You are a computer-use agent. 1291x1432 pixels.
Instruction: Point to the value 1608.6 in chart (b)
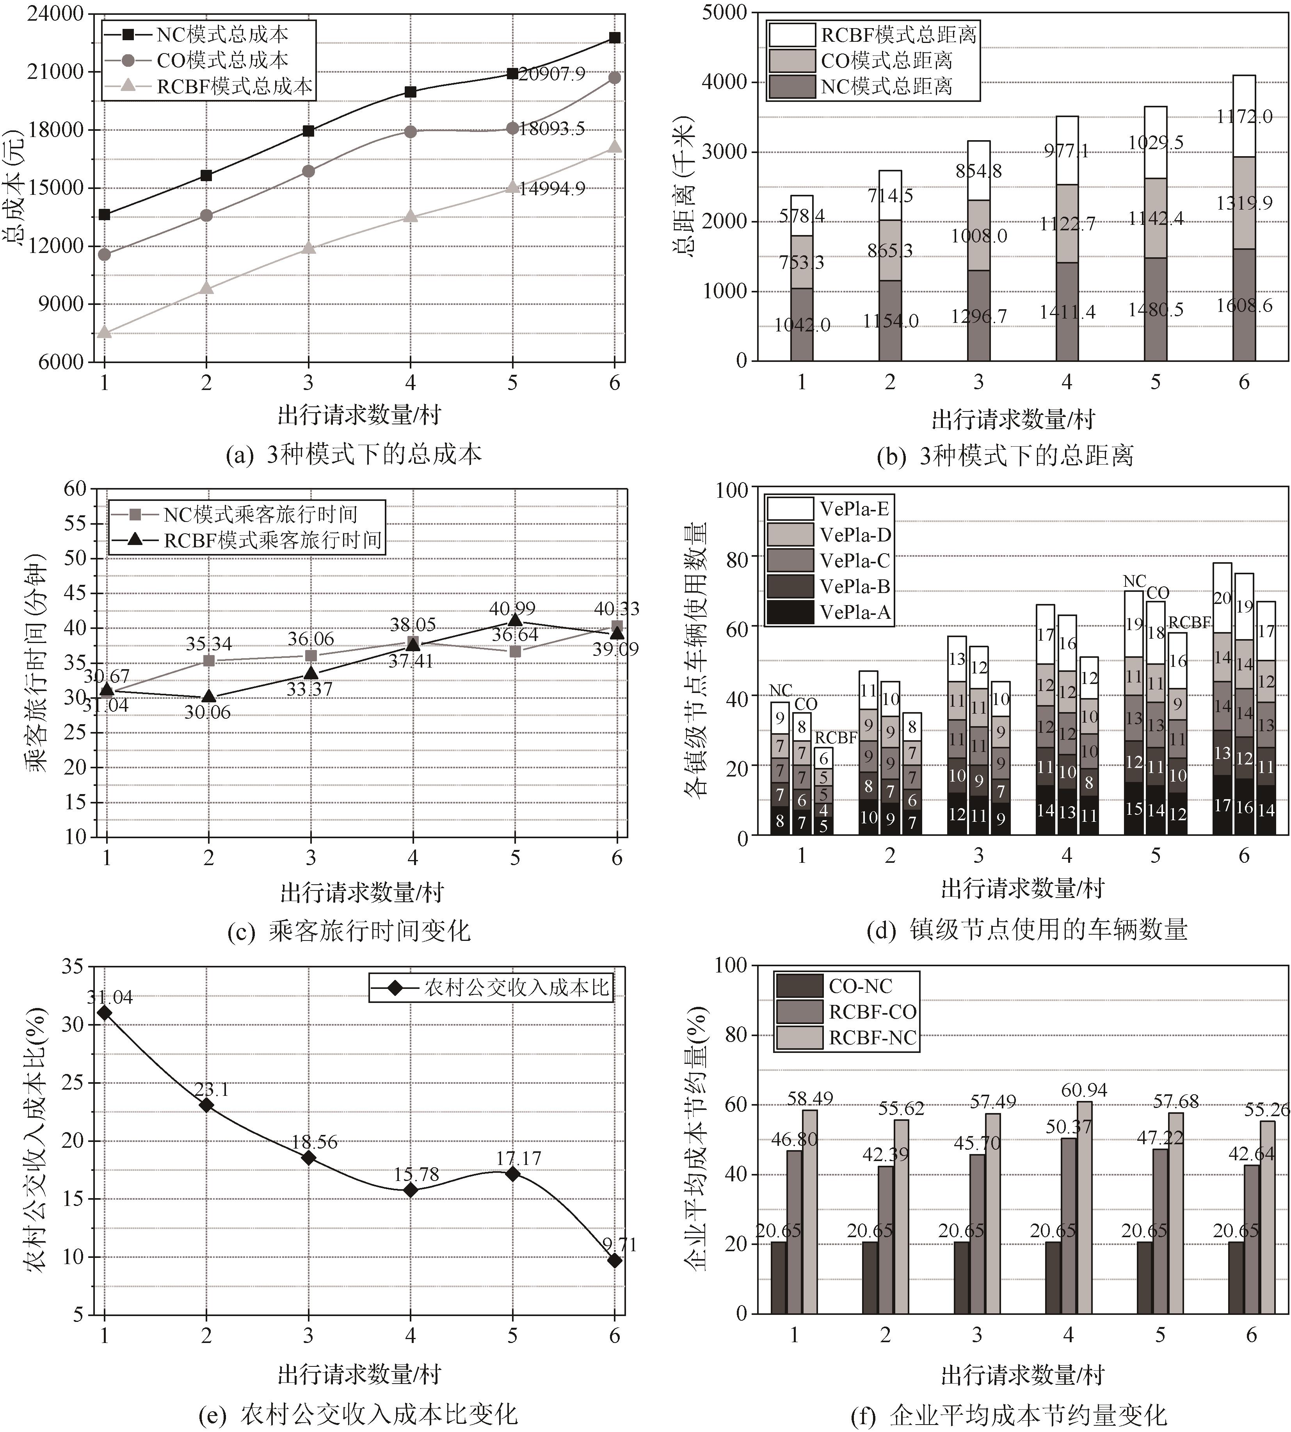[x=1244, y=306]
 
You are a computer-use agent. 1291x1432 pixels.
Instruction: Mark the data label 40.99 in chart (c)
[x=512, y=609]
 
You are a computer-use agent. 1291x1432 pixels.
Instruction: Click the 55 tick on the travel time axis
[x=75, y=524]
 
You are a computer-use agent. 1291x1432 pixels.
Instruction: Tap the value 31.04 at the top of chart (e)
[x=110, y=997]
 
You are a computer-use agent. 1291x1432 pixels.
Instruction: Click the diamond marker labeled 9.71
[x=614, y=1261]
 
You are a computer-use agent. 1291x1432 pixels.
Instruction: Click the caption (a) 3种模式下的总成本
[x=353, y=454]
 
